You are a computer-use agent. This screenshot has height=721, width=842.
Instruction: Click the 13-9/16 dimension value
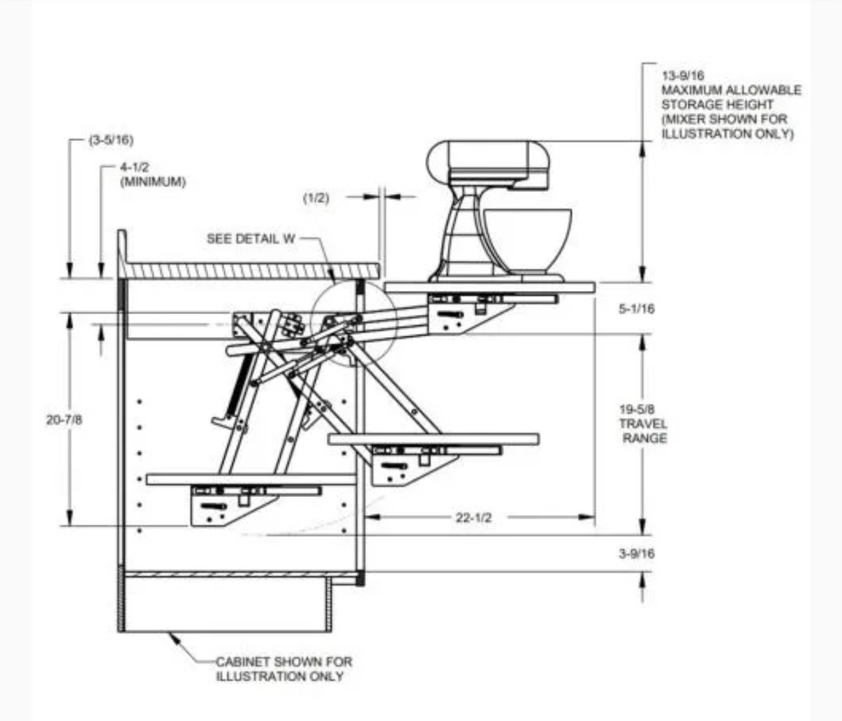pos(683,75)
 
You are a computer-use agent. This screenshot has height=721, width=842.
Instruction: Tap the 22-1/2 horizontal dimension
pos(473,518)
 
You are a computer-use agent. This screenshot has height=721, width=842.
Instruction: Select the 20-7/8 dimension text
pos(64,420)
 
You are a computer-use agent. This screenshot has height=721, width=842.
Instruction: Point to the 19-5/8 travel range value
pos(636,409)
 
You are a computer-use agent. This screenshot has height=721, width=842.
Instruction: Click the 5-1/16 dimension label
pos(636,309)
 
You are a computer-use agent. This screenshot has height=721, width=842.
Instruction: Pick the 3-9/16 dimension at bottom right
pos(636,554)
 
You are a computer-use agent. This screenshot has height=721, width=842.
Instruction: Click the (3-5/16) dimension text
pos(110,140)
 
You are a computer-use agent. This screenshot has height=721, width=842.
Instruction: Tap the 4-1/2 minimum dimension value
pos(134,168)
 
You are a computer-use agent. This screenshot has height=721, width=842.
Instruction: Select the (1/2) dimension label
pos(315,198)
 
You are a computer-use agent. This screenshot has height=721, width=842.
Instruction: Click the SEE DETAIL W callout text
pos(251,239)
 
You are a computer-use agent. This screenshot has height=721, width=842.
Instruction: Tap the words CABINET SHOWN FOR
pos(283,662)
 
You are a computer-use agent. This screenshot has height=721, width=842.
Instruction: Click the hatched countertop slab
pos(251,270)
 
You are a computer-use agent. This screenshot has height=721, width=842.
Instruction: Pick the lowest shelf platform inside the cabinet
pos(251,479)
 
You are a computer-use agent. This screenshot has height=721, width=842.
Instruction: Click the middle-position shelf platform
pos(433,439)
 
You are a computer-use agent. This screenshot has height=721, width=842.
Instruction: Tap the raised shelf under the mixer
pos(489,288)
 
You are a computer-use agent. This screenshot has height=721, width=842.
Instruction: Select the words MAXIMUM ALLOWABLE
pos(731,90)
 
